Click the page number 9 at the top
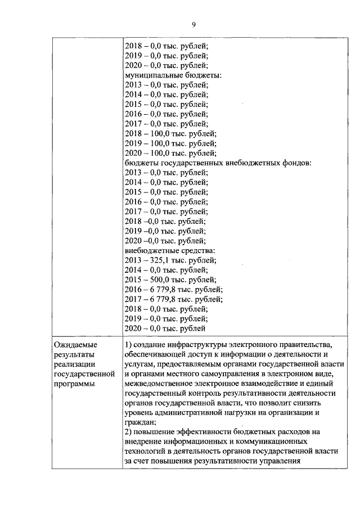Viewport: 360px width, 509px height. (x=193, y=25)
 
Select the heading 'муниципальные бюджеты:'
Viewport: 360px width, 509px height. (x=172, y=75)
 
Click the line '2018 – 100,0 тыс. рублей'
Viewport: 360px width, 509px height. (x=170, y=133)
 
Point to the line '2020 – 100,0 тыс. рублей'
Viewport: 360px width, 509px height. (x=170, y=153)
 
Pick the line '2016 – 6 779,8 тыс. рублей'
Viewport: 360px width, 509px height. (x=173, y=289)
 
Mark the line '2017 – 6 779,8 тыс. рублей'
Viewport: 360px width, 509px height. (x=173, y=299)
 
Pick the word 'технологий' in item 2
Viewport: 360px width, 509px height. (x=146, y=452)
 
